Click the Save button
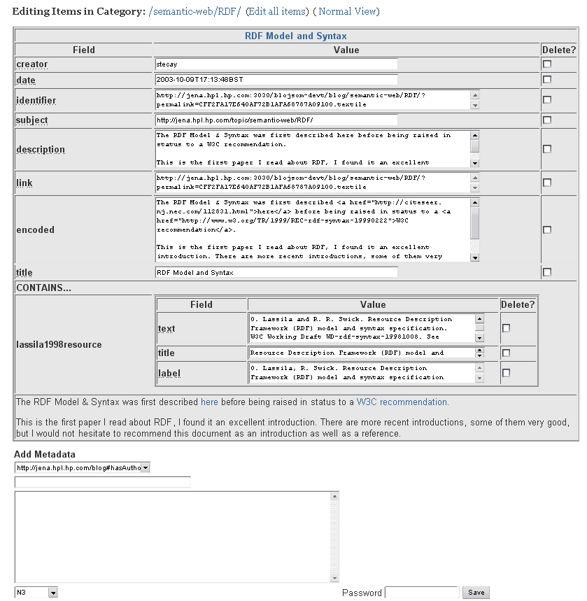476,592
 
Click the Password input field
421,593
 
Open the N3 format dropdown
36,593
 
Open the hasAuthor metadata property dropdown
83,467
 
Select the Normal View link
348,11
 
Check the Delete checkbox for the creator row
547,64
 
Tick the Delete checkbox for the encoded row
547,229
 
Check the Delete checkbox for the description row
547,149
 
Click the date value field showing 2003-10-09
276,80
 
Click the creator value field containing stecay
276,64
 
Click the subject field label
32,120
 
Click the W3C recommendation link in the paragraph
402,402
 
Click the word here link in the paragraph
209,402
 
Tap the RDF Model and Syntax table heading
295,36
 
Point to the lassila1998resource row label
59,344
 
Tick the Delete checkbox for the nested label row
507,373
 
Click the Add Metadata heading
45,455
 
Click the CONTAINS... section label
44,288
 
